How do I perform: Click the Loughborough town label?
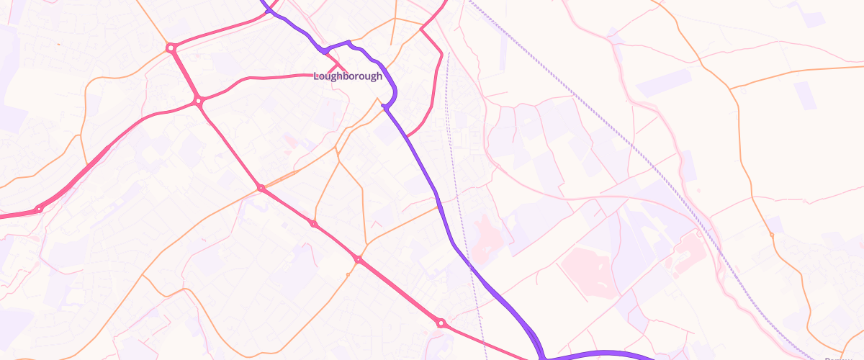coord(348,76)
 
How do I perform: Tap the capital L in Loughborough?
coord(317,76)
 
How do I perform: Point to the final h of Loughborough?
coord(379,76)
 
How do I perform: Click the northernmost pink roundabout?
coord(171,48)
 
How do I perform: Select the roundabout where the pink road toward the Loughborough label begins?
coord(199,102)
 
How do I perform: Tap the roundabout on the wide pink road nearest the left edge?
coord(39,209)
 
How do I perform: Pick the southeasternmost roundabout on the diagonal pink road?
coord(441,323)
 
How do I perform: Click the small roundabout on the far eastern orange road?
coord(771,235)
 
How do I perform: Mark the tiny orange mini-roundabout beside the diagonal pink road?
coord(348,274)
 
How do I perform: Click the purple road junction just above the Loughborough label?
coord(325,50)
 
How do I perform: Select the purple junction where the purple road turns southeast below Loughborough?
coord(385,107)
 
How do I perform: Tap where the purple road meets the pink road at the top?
coord(268,11)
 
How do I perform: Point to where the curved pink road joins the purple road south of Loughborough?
coord(408,135)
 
